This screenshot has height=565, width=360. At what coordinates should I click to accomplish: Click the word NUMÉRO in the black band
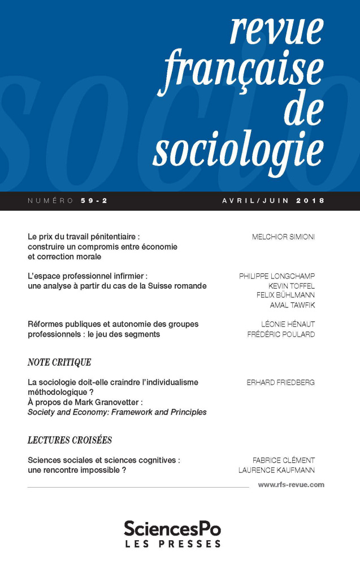tap(47, 201)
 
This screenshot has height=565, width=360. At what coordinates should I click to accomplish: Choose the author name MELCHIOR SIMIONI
tap(283, 237)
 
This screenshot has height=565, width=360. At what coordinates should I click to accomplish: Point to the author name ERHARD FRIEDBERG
tap(280, 383)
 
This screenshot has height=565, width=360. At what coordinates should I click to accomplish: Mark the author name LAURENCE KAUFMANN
tap(277, 470)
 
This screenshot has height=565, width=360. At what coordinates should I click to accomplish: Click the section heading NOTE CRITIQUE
tap(59, 362)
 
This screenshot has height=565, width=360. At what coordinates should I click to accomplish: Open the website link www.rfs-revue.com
tap(291, 485)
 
